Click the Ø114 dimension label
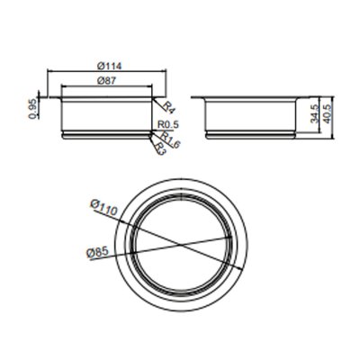click(107, 65)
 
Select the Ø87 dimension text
click(107, 81)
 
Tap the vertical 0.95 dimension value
click(33, 107)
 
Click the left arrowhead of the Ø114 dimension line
click(48, 72)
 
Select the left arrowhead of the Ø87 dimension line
click(62, 88)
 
